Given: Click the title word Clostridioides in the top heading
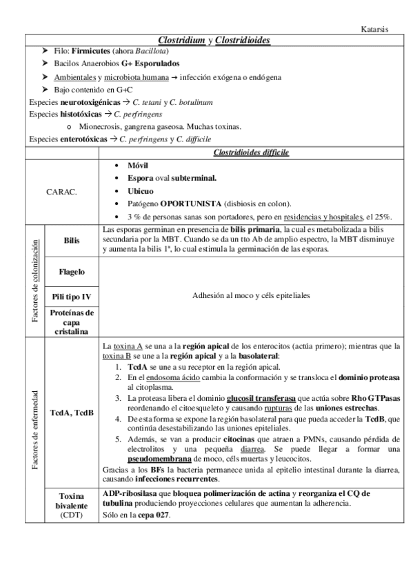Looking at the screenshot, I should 242,41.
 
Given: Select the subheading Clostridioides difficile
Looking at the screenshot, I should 251,152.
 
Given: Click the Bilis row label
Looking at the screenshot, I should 71,240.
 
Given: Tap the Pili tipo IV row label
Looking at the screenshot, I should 71,297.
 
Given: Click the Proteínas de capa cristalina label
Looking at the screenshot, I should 71,322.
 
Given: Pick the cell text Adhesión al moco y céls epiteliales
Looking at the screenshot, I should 250,295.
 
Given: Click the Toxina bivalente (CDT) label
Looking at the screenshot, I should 71,505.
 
